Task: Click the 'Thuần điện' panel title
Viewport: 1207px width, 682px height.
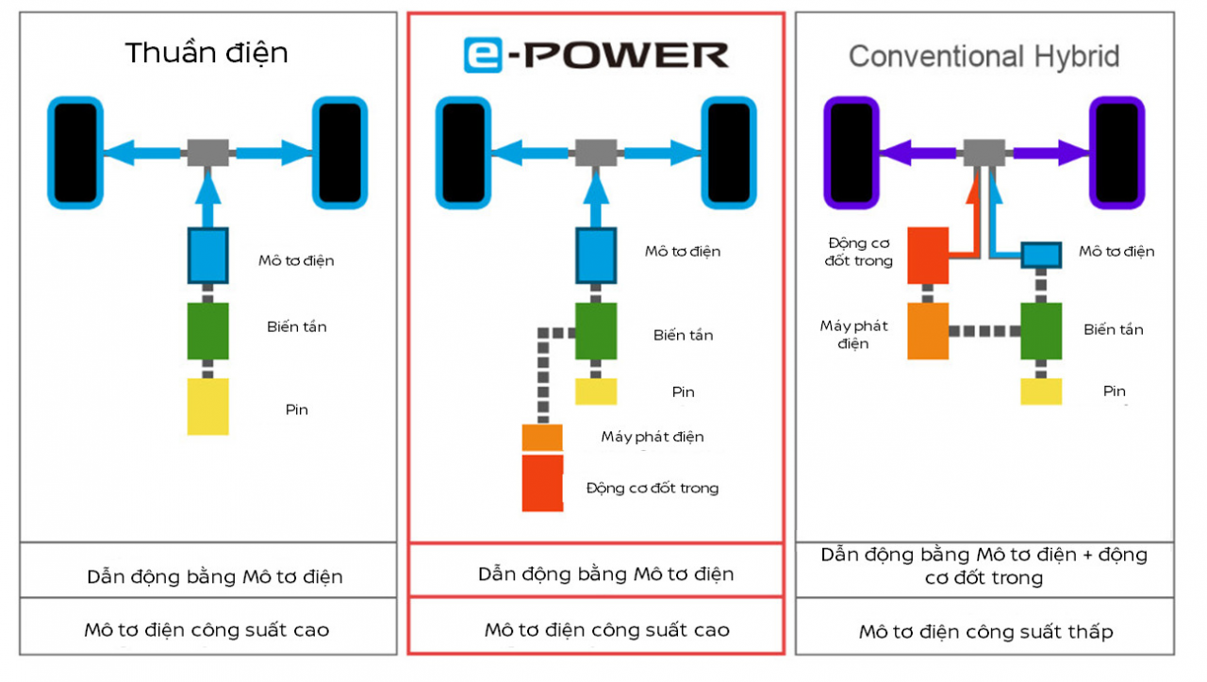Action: pos(207,53)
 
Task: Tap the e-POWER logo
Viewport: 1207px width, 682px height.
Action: pos(596,56)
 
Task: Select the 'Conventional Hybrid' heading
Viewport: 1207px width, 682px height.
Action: pos(984,57)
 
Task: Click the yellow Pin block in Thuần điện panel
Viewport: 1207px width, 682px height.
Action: pos(207,407)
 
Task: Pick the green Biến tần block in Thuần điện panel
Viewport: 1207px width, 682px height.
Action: pos(207,331)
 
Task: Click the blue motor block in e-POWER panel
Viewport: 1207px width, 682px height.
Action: pos(596,256)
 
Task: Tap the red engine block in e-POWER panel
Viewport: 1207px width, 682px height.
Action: pos(543,484)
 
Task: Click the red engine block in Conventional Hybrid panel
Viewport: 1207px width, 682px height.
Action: pos(928,255)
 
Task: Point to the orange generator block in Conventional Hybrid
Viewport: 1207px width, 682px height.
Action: pos(928,331)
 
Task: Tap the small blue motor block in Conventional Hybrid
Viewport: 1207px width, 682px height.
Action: pos(1041,255)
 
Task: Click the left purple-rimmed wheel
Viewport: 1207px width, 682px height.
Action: pos(852,153)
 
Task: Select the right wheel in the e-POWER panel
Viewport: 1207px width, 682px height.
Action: pos(728,153)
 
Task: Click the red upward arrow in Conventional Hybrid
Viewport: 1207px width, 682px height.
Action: pos(972,203)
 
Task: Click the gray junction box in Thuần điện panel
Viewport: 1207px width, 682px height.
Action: pos(207,151)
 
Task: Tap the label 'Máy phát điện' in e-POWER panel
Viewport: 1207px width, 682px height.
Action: pos(653,437)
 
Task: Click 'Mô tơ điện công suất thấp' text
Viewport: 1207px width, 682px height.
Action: pos(985,632)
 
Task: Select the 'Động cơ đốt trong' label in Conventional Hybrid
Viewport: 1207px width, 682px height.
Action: pos(859,252)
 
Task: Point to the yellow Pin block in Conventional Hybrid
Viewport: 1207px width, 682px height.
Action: pos(1041,391)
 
